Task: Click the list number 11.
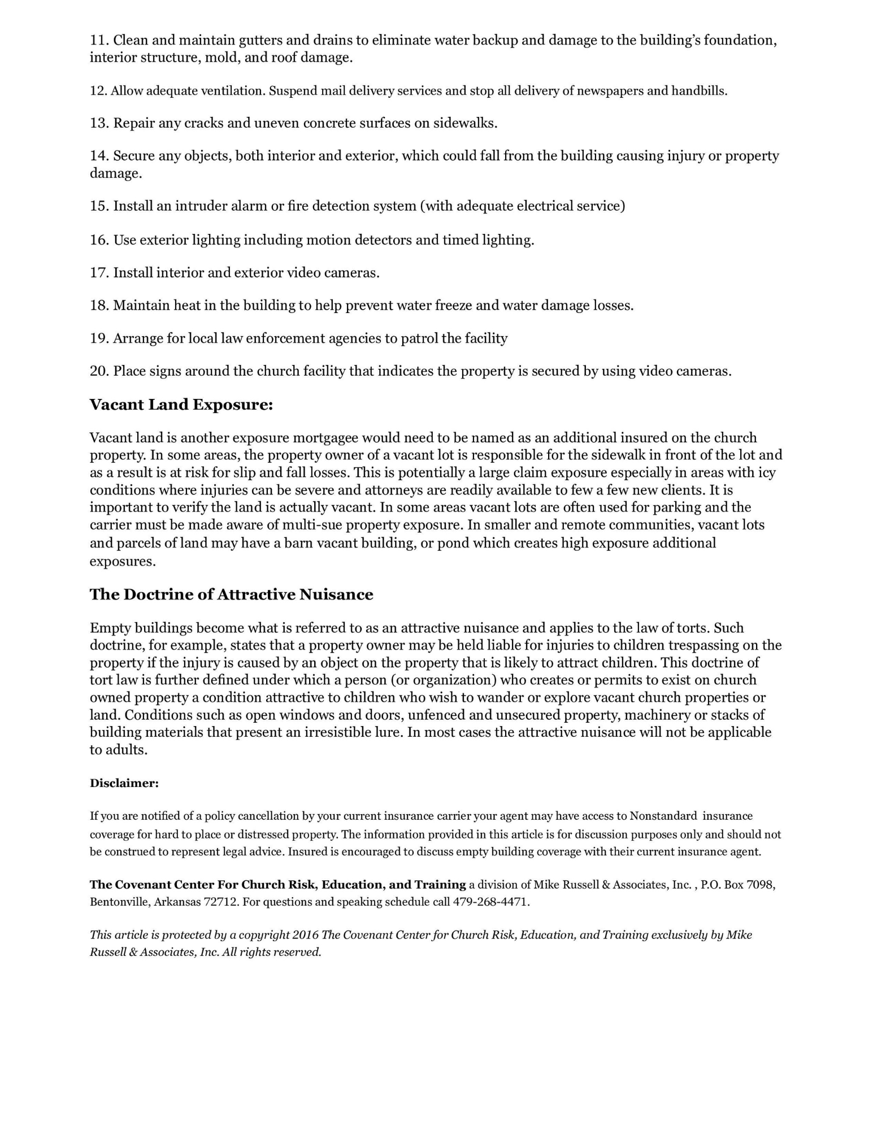click(x=98, y=41)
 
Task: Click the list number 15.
click(x=98, y=206)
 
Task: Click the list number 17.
click(x=98, y=273)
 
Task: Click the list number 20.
click(x=98, y=371)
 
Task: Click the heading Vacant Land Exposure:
click(x=181, y=405)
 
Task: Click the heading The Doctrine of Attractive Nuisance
click(x=231, y=595)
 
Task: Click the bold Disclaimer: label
click(x=124, y=784)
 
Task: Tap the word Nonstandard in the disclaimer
click(x=663, y=816)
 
